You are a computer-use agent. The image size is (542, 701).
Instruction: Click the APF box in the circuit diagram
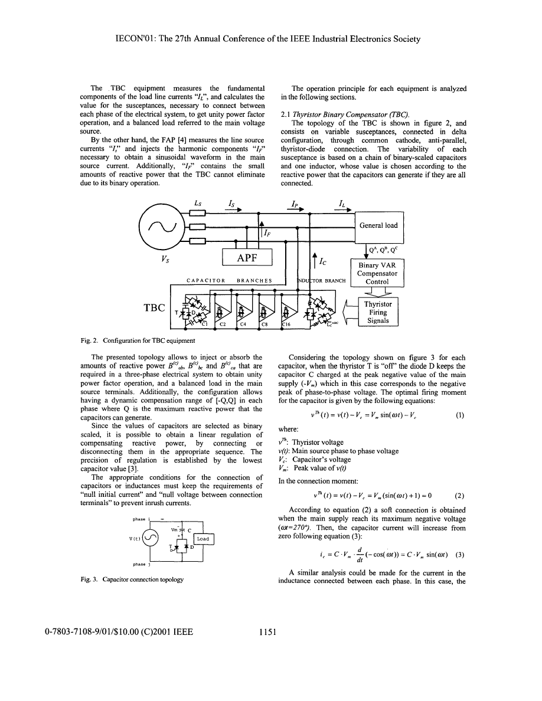coord(247,257)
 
